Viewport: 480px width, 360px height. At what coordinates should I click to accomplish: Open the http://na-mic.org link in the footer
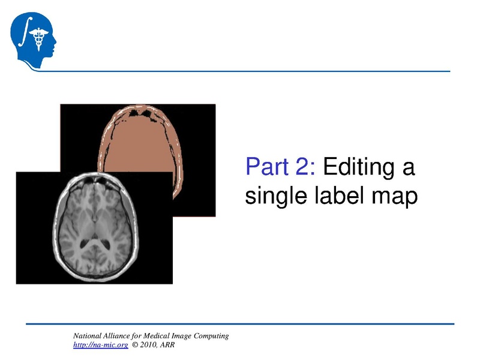click(x=100, y=346)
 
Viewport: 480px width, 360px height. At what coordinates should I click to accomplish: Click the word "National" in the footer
click(x=88, y=336)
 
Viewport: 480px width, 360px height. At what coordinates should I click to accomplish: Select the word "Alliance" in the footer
click(x=119, y=336)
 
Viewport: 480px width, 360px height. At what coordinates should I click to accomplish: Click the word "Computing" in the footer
click(x=211, y=336)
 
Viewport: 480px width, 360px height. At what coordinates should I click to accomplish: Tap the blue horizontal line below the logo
click(x=240, y=71)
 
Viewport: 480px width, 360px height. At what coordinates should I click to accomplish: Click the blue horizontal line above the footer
click(x=240, y=324)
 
